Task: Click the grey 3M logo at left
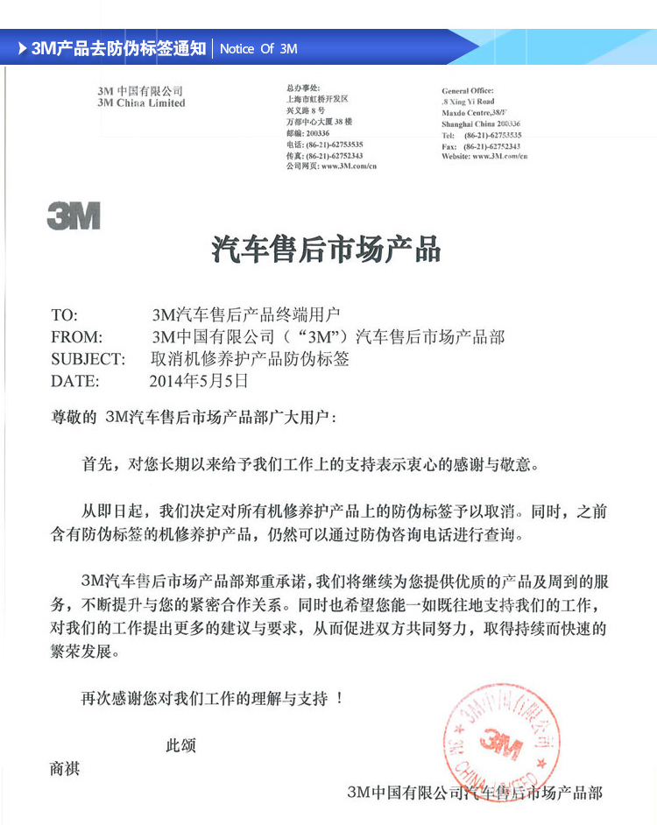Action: (x=74, y=215)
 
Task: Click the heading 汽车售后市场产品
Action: (x=326, y=250)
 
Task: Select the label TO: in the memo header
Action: (x=65, y=315)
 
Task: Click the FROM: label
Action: (x=77, y=337)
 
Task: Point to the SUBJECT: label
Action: (x=88, y=359)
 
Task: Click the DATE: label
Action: (x=75, y=381)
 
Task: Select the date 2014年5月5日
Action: (x=200, y=381)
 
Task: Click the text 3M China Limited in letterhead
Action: (x=141, y=103)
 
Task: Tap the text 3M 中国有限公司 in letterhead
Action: (x=140, y=91)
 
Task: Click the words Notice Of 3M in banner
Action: (x=258, y=49)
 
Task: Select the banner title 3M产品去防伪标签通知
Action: (x=119, y=49)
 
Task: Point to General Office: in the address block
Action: (x=468, y=91)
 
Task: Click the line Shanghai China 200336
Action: (x=481, y=124)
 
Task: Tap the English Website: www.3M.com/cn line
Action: (x=484, y=157)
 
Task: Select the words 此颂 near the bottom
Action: (x=180, y=746)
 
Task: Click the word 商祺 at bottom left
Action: (x=66, y=769)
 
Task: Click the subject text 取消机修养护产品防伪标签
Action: (x=251, y=359)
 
